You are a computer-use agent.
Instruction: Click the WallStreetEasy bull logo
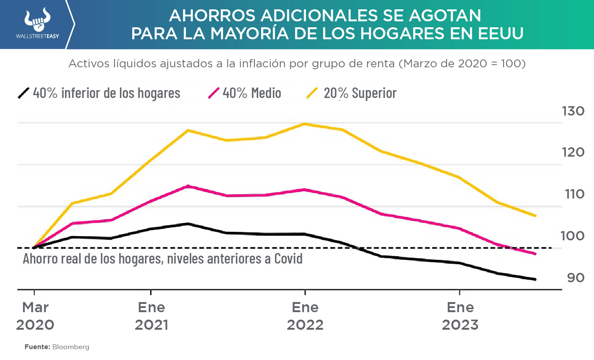coord(37,21)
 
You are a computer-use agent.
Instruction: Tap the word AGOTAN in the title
coord(445,16)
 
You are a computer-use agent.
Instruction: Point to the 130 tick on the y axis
coord(573,111)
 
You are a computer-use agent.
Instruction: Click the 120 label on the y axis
coord(573,152)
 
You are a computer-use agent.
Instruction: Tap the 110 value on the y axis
coord(574,194)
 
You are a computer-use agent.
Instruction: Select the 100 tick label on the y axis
coord(572,236)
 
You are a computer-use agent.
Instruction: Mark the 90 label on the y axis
coord(576,278)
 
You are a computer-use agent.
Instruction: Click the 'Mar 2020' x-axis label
coord(35,316)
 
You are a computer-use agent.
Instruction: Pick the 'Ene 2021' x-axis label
coord(151,316)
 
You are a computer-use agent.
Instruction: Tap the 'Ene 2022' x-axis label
coord(305,316)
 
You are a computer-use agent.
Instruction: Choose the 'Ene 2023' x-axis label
coord(460,316)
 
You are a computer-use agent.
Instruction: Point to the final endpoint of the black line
coord(535,279)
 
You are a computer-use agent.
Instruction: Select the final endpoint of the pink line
coord(535,254)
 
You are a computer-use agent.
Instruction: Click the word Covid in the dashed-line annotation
coord(288,259)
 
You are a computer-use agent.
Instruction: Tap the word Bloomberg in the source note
coord(71,347)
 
